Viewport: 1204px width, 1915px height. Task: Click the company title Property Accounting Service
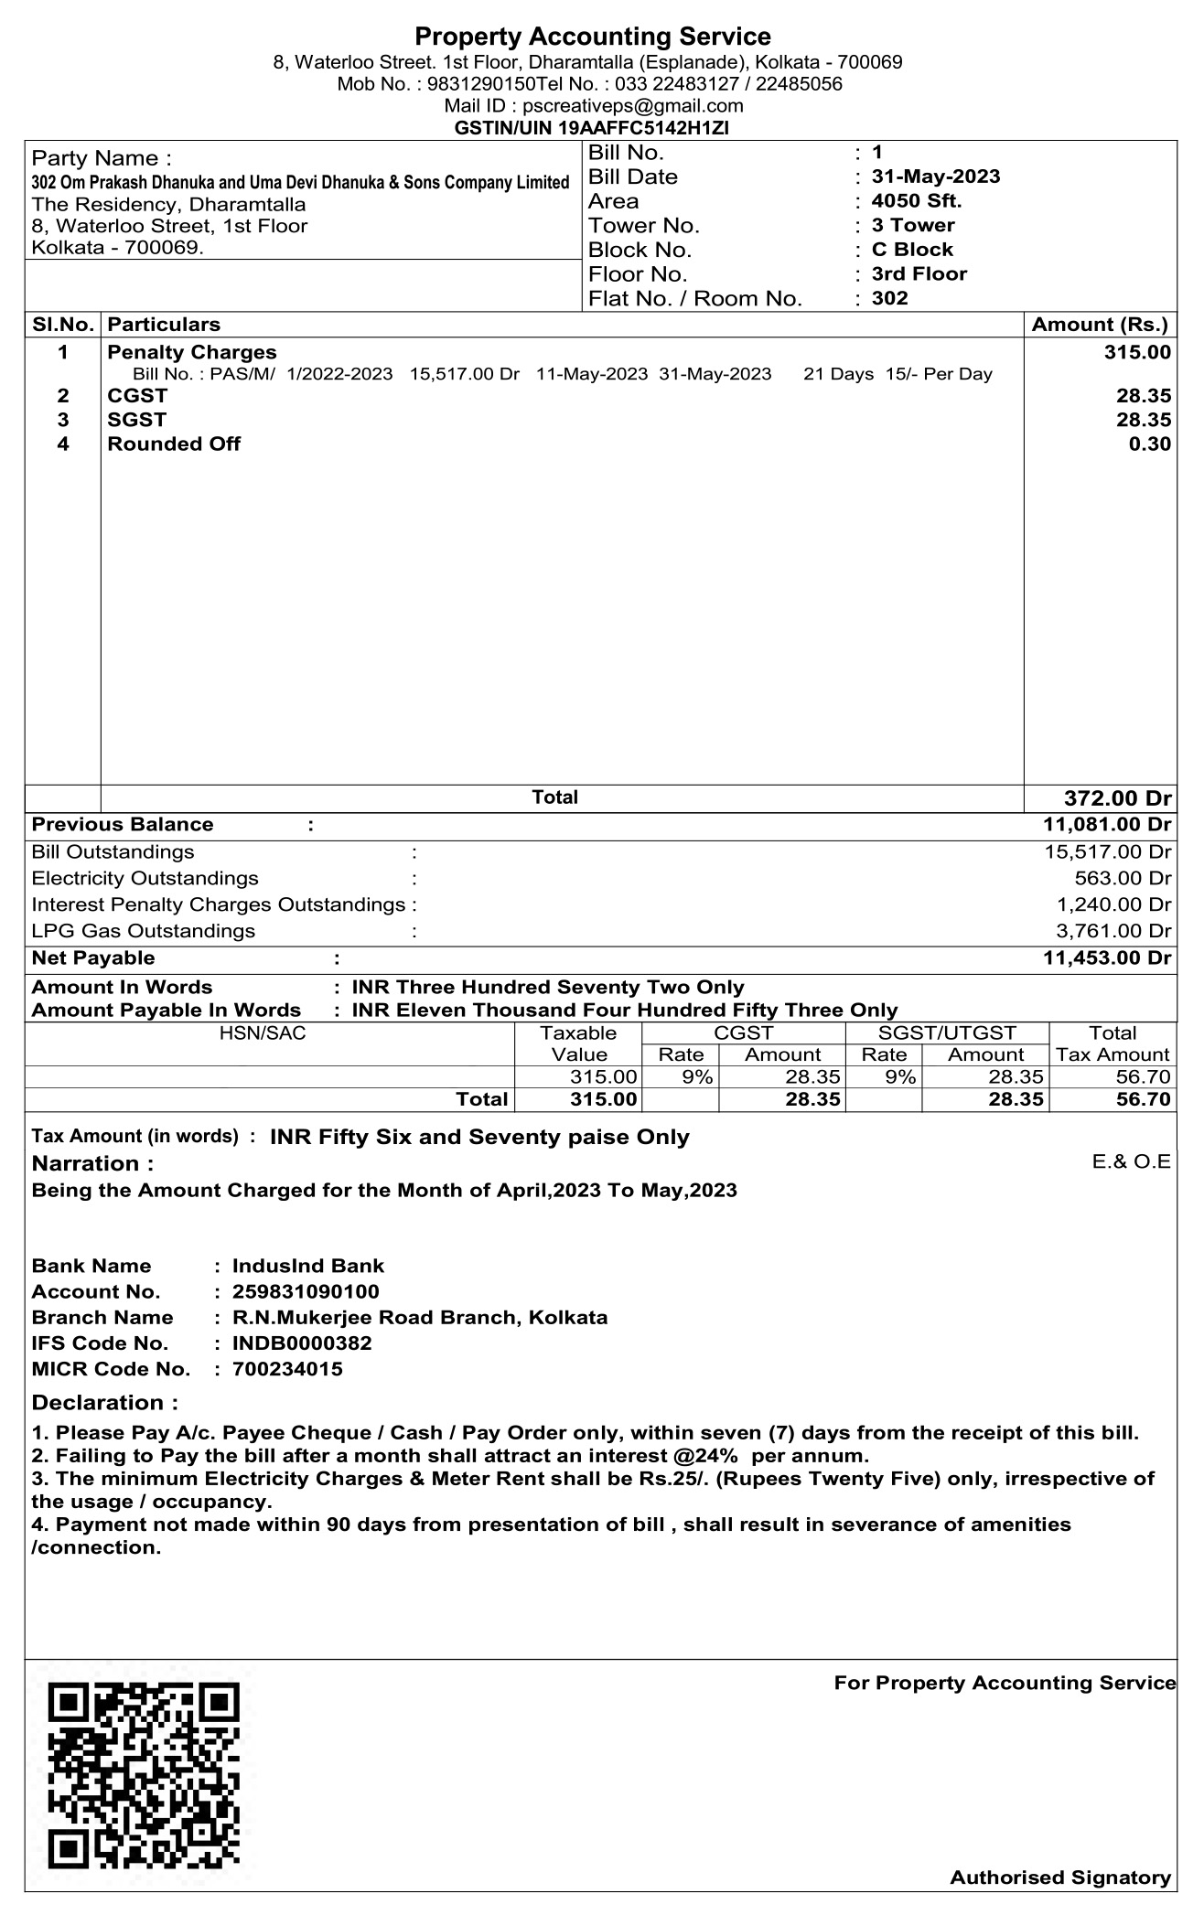593,37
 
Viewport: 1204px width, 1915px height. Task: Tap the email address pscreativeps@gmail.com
632,106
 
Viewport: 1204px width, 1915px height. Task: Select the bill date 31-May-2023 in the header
935,177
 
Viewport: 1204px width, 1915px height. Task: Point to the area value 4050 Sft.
917,201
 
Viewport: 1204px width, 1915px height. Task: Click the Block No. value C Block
912,250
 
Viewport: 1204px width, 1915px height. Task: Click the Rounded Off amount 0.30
1149,444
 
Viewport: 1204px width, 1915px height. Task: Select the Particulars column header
164,325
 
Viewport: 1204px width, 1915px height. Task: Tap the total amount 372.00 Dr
1117,797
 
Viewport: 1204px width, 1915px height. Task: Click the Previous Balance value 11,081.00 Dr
1106,825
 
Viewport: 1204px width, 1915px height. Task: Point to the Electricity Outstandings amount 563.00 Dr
1123,879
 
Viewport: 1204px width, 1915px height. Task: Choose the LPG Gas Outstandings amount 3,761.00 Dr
1113,932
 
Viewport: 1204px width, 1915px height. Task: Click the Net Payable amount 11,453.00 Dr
1106,958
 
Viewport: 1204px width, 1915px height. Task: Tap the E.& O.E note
1132,1161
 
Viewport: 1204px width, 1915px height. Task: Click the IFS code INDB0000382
302,1343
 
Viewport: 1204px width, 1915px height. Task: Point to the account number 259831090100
306,1292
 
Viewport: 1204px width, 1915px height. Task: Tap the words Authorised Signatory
1060,1878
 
